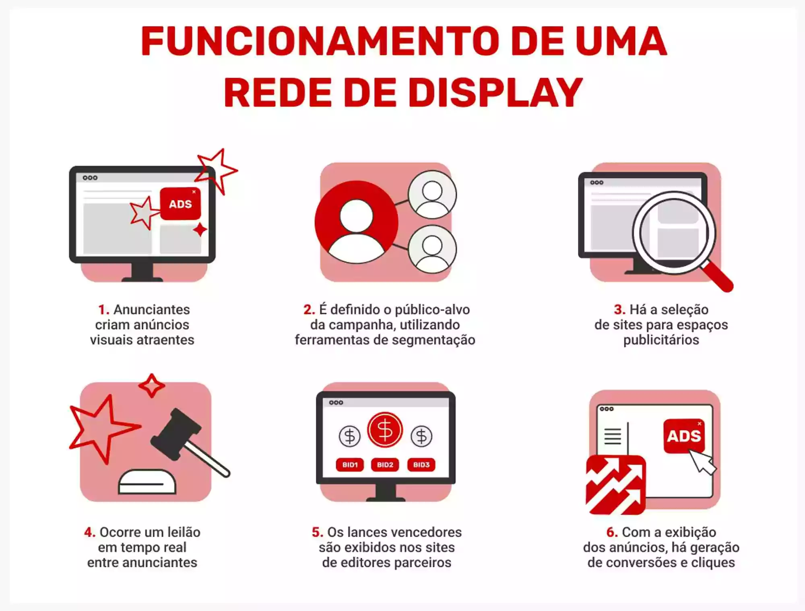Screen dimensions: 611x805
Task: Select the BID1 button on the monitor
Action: click(350, 465)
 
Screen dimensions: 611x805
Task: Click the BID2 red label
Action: click(385, 465)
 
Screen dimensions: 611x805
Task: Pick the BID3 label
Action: click(421, 465)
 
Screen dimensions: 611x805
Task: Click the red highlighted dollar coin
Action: click(385, 430)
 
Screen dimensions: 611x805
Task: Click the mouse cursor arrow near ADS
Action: click(702, 461)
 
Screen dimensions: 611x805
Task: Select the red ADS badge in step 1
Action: click(180, 204)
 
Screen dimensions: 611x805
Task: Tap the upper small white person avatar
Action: click(432, 195)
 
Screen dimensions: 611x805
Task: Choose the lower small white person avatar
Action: click(432, 249)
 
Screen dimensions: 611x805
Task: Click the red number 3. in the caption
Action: click(619, 310)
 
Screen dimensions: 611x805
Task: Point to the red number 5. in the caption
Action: click(317, 532)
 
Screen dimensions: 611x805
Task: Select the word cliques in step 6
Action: click(713, 562)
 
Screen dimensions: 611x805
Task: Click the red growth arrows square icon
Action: click(615, 485)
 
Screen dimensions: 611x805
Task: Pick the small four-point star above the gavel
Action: click(151, 385)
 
